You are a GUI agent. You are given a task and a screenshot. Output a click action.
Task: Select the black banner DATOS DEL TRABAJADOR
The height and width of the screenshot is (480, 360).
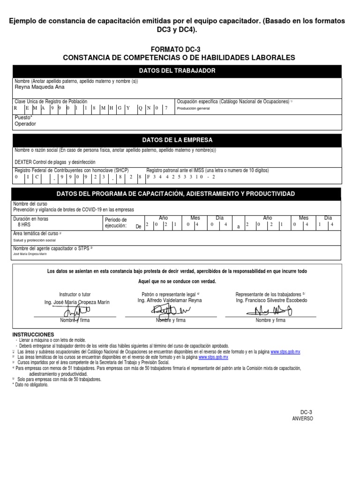(177, 71)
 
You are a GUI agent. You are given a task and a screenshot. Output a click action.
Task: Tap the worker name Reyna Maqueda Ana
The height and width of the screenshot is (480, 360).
(40, 87)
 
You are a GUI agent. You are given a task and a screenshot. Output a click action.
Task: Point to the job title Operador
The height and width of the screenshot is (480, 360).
(25, 124)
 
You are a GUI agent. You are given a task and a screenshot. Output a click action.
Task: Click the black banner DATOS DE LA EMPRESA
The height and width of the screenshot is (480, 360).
(177, 140)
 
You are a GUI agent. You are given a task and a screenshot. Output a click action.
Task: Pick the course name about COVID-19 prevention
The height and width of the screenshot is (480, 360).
(74, 209)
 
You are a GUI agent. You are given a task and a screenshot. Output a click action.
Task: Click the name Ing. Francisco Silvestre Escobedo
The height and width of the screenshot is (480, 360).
(271, 300)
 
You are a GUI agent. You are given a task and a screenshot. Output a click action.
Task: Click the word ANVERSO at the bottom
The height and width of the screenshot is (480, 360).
(302, 419)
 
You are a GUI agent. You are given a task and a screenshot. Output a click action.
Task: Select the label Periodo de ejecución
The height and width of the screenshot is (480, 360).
(116, 223)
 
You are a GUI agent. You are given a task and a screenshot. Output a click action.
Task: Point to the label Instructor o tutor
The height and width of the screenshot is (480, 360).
(75, 294)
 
